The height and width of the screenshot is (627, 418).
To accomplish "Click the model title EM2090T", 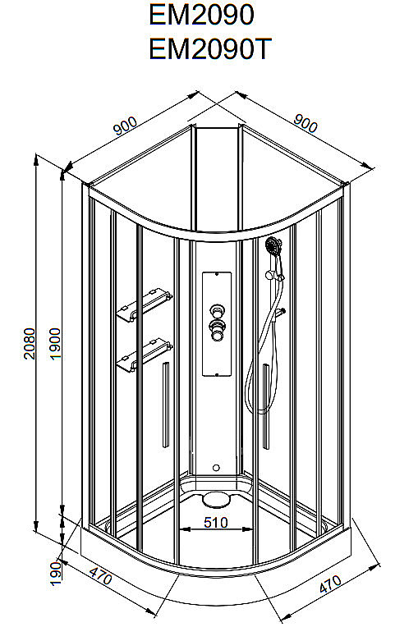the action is (x=210, y=48).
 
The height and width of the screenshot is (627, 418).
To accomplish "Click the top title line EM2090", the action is (x=201, y=15).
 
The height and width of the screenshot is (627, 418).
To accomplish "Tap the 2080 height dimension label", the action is (x=30, y=344).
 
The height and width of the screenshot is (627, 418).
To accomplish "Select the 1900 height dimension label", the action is (x=55, y=344).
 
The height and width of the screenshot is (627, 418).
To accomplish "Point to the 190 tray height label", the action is (x=56, y=573).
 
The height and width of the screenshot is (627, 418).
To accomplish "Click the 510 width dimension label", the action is (x=216, y=522).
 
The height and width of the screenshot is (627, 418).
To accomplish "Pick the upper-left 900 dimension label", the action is (x=125, y=126).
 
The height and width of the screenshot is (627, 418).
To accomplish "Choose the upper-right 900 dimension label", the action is (x=305, y=123).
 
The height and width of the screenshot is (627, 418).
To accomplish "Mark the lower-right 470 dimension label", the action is (x=330, y=584).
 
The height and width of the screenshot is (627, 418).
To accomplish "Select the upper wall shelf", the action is (x=144, y=304).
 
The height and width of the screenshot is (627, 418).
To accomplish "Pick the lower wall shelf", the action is (x=144, y=355).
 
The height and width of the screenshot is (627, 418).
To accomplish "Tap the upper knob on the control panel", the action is (x=217, y=310).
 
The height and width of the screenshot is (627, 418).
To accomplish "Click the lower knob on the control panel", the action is (x=217, y=330).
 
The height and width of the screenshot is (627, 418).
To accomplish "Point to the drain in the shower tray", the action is (x=216, y=499).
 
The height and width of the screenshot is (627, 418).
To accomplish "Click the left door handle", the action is (x=165, y=405).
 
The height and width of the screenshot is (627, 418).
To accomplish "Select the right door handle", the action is (x=266, y=406).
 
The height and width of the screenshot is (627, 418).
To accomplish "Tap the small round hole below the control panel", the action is (x=217, y=468).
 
